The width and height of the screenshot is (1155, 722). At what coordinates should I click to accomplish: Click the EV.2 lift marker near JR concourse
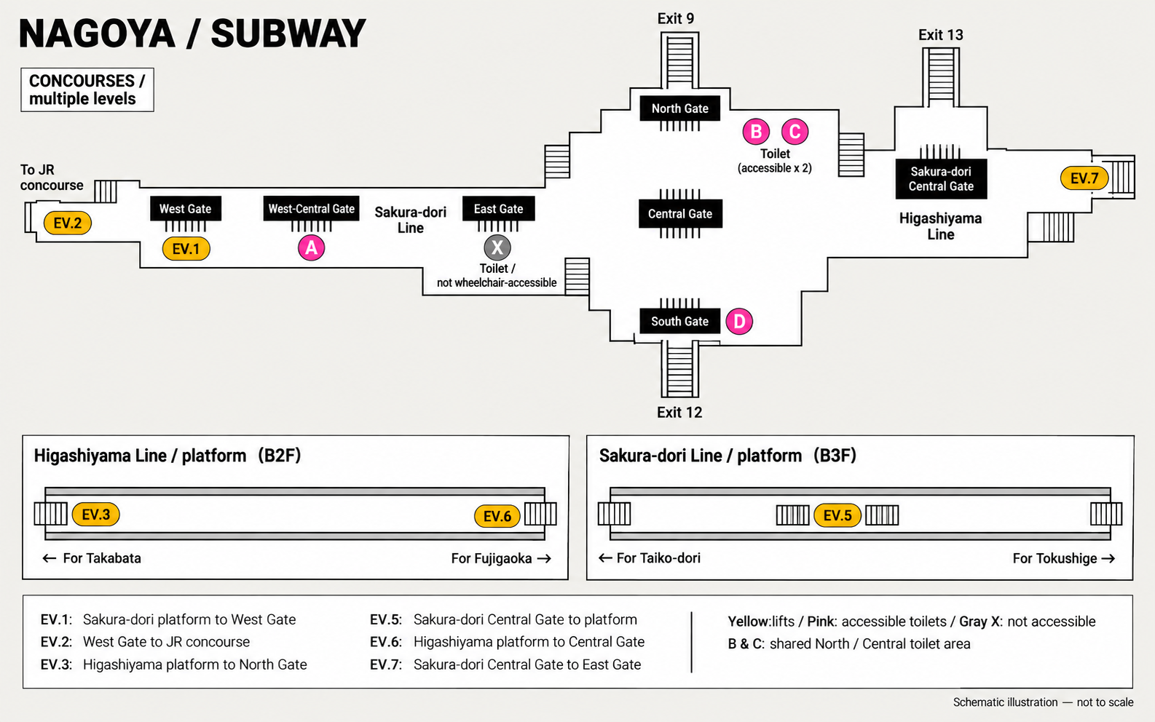click(x=68, y=223)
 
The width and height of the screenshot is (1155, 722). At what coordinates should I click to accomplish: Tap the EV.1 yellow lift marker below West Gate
click(x=186, y=249)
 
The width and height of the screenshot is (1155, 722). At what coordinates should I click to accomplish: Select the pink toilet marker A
click(x=312, y=248)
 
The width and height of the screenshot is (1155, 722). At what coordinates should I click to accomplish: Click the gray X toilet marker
click(x=497, y=247)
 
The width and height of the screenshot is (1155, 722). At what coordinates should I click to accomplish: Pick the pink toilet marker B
click(x=756, y=132)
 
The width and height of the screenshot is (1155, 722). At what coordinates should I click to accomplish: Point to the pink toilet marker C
click(x=795, y=132)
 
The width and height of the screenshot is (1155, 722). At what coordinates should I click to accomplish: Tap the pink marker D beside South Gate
click(x=739, y=321)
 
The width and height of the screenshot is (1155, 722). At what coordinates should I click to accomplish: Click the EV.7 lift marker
click(x=1084, y=178)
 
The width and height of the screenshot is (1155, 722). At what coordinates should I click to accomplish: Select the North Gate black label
click(x=679, y=108)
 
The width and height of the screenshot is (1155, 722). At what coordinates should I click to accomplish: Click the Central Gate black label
click(x=680, y=213)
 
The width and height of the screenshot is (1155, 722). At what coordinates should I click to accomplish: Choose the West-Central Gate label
click(x=312, y=209)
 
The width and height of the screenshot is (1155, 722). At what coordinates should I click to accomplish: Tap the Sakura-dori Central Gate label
click(x=941, y=179)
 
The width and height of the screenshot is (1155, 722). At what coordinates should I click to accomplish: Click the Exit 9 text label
click(x=676, y=19)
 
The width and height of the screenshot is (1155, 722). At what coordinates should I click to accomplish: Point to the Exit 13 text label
click(x=940, y=35)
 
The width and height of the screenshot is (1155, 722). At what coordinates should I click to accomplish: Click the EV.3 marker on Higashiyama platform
click(x=96, y=515)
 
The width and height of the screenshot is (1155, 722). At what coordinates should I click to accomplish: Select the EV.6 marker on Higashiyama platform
click(x=497, y=516)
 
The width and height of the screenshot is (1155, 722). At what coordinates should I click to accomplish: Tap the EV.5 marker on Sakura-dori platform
click(x=837, y=515)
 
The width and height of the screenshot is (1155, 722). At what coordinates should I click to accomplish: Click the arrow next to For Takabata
click(x=50, y=558)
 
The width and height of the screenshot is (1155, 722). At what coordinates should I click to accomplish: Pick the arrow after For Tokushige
click(x=1108, y=559)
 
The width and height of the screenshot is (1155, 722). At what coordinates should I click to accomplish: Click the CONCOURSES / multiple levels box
click(x=87, y=90)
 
